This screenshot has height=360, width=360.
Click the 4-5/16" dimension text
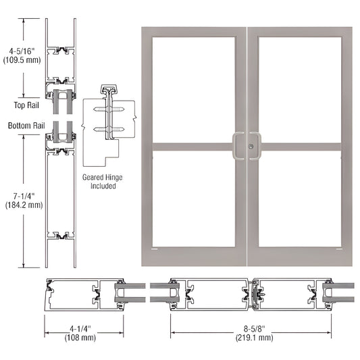[22, 49]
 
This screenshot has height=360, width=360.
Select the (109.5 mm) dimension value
[22, 59]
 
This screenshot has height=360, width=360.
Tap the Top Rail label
[24, 105]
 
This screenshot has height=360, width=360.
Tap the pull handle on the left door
[239, 146]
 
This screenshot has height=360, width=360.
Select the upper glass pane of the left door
[194, 88]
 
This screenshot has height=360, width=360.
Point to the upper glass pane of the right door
[299, 88]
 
